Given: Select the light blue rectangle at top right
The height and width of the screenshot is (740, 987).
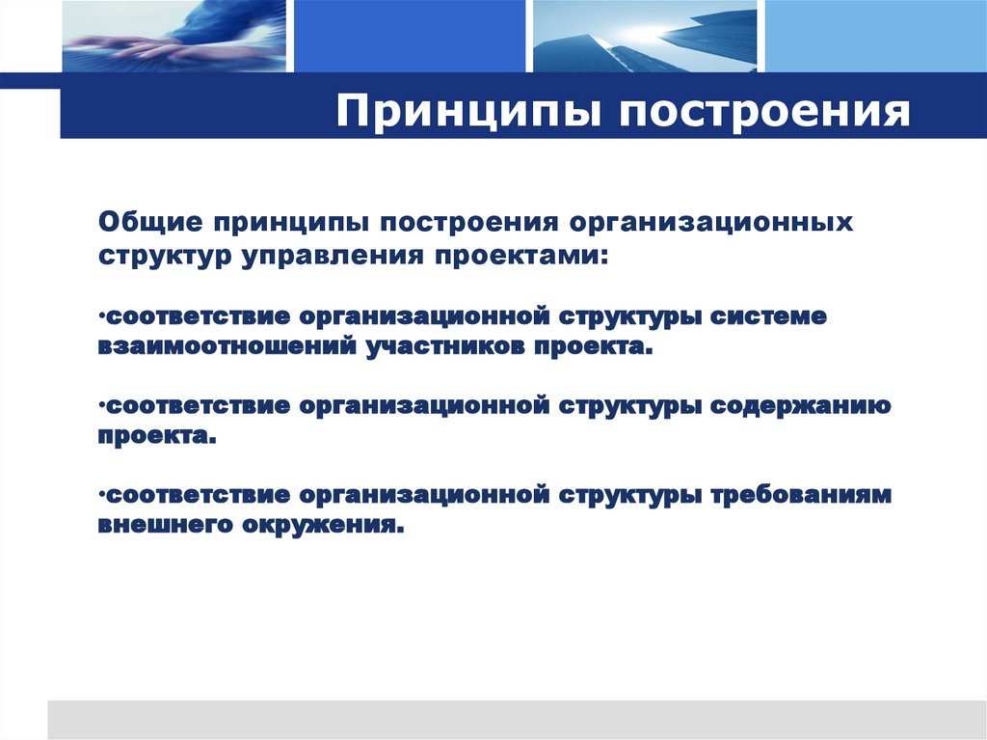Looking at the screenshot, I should coord(875,36).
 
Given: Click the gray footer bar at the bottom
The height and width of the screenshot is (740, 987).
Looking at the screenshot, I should coord(516,719).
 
